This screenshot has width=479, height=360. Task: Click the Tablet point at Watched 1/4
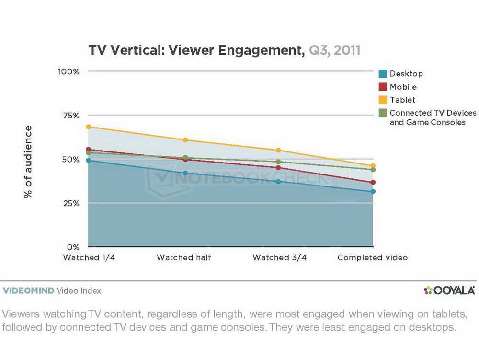click(89, 127)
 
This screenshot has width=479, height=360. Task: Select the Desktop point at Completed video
click(373, 192)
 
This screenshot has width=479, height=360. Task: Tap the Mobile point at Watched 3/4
click(278, 167)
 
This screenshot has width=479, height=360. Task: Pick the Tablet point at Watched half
click(184, 140)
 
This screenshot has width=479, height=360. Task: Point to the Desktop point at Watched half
click(184, 173)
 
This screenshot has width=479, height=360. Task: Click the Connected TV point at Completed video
click(373, 170)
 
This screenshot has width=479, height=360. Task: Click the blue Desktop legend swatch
click(382, 74)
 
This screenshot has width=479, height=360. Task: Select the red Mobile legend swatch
click(382, 87)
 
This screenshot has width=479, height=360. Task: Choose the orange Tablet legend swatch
click(382, 100)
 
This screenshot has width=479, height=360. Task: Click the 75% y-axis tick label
click(70, 116)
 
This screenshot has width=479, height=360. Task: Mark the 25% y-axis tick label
click(70, 203)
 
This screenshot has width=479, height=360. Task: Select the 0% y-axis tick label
click(73, 247)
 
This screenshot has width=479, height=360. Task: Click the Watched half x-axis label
click(184, 258)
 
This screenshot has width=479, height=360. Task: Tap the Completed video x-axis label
click(373, 258)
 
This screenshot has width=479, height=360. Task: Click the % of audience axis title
click(28, 162)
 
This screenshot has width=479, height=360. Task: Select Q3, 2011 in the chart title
click(334, 50)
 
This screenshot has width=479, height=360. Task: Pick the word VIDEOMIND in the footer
click(28, 290)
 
